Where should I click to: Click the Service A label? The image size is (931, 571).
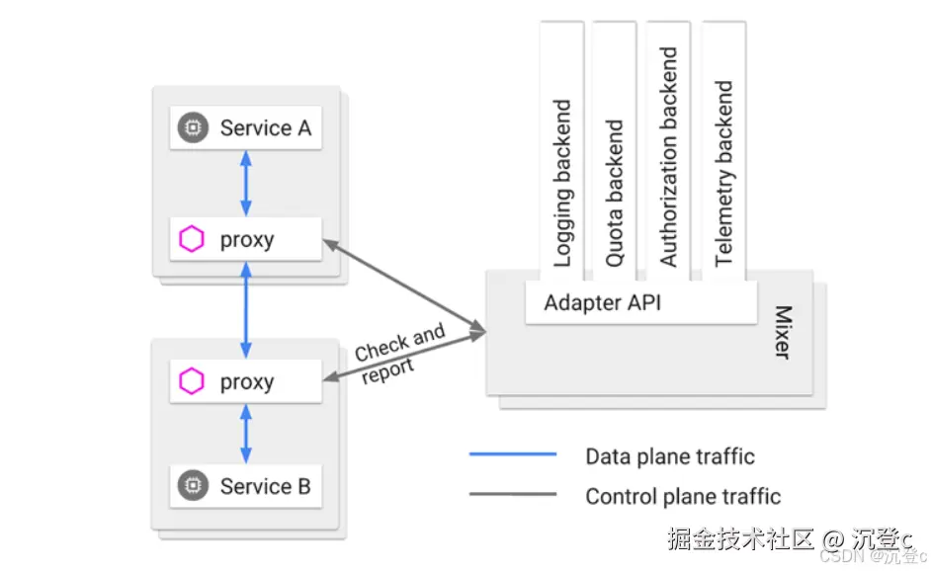(x=265, y=128)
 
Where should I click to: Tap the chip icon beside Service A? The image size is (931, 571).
(x=193, y=128)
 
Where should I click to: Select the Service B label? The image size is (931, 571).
(x=265, y=486)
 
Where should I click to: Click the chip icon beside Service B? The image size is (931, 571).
(x=193, y=486)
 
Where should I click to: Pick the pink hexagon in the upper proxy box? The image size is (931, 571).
(x=192, y=239)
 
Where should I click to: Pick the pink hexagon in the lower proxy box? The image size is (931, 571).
(x=192, y=382)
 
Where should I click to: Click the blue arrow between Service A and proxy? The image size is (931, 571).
(x=246, y=184)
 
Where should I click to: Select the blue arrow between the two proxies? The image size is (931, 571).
(x=246, y=310)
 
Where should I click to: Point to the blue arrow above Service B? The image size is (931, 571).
(x=246, y=434)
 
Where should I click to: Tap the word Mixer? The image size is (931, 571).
(x=783, y=332)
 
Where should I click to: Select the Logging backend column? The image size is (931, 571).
(x=562, y=183)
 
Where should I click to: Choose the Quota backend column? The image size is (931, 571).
(x=615, y=193)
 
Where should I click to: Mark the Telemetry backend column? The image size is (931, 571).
(x=724, y=173)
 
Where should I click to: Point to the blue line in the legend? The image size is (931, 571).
(x=512, y=455)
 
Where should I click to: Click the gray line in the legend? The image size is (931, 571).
(x=512, y=495)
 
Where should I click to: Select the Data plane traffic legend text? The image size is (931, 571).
(x=670, y=456)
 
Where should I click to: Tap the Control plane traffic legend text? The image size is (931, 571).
(x=683, y=496)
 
